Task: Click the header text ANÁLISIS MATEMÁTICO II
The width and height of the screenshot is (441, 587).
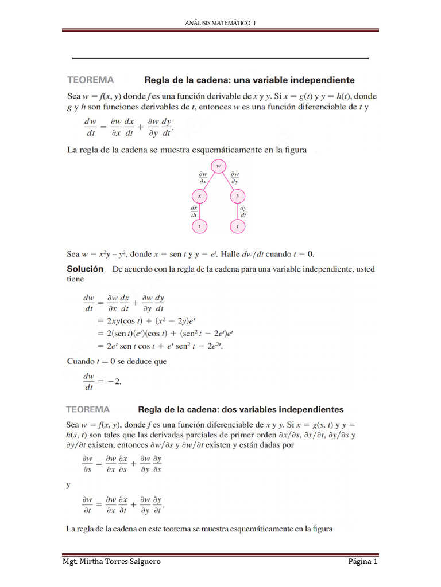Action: (x=220, y=22)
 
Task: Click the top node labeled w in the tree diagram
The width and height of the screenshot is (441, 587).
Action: (x=218, y=166)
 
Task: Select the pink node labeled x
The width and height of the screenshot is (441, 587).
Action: (x=198, y=195)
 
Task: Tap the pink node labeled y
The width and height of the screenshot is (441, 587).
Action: (x=238, y=195)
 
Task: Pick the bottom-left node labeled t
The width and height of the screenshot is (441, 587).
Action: (x=198, y=226)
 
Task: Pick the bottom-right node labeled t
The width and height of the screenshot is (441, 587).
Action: (x=238, y=226)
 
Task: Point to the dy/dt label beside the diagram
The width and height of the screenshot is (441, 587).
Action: (x=243, y=211)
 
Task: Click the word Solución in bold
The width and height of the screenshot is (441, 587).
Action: (x=86, y=268)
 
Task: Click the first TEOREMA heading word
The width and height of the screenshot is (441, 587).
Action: (x=91, y=80)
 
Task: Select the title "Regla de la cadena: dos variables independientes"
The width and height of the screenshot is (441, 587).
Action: (x=241, y=409)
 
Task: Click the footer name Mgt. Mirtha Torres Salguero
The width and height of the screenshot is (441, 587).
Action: (x=111, y=562)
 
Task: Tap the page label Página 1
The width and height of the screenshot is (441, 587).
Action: (x=363, y=562)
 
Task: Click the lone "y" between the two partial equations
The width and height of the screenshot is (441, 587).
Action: (x=68, y=484)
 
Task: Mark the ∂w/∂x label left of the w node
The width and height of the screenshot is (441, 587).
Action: (x=203, y=177)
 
